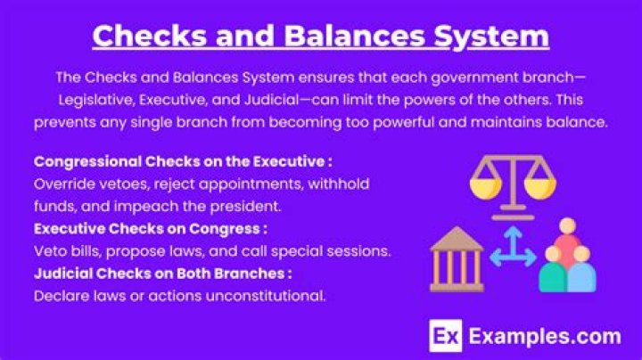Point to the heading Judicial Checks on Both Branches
click(x=162, y=273)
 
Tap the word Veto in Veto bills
click(x=51, y=251)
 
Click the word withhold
click(x=340, y=184)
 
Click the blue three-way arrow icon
click(x=511, y=254)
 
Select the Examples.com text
click(x=544, y=337)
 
